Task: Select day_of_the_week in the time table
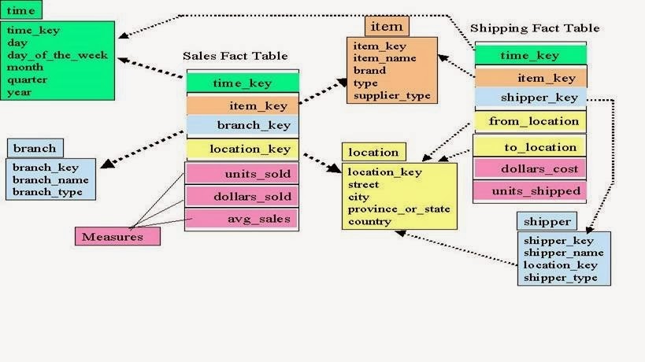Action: [57, 55]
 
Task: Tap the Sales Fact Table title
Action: [235, 56]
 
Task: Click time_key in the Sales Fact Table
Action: [242, 83]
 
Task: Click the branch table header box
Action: [35, 148]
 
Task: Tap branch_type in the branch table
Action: [42, 191]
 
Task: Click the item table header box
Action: [387, 26]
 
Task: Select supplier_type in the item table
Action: [391, 95]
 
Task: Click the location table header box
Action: [373, 152]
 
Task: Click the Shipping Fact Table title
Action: [534, 28]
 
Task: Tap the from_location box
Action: [533, 121]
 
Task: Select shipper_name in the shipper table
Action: [563, 253]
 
